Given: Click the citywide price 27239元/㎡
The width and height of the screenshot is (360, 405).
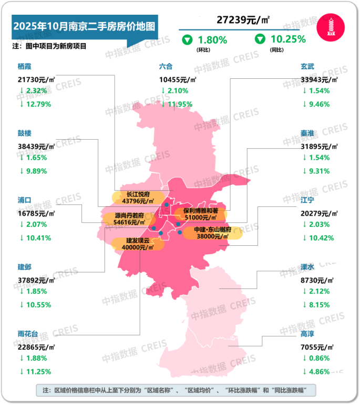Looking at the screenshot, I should coord(243,20).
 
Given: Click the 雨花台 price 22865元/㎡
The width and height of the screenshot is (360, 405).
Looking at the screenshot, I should coord(36,347).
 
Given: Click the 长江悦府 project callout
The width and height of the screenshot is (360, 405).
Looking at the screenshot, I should coord(137,197).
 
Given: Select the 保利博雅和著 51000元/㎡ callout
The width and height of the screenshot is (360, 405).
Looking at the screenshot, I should coord(200,213).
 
